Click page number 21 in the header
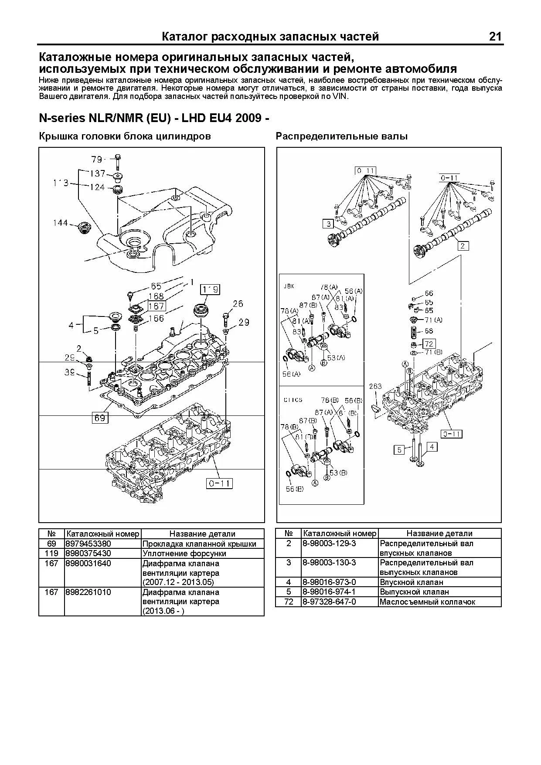[x=495, y=37]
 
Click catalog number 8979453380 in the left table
[x=88, y=544]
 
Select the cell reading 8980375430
[x=88, y=553]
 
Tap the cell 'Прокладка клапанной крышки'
[x=200, y=544]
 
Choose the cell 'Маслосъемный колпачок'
[x=427, y=602]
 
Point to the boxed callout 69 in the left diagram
[x=100, y=418]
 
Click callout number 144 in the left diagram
[x=61, y=223]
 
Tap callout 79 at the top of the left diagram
[x=96, y=159]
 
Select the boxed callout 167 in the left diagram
[x=156, y=306]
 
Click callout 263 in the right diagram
[x=375, y=386]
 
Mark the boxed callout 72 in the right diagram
[x=429, y=344]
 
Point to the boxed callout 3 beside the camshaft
[x=328, y=224]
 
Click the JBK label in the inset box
[x=289, y=286]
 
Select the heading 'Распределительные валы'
[x=342, y=136]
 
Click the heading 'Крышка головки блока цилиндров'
[x=125, y=136]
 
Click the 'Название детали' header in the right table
[x=439, y=534]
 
